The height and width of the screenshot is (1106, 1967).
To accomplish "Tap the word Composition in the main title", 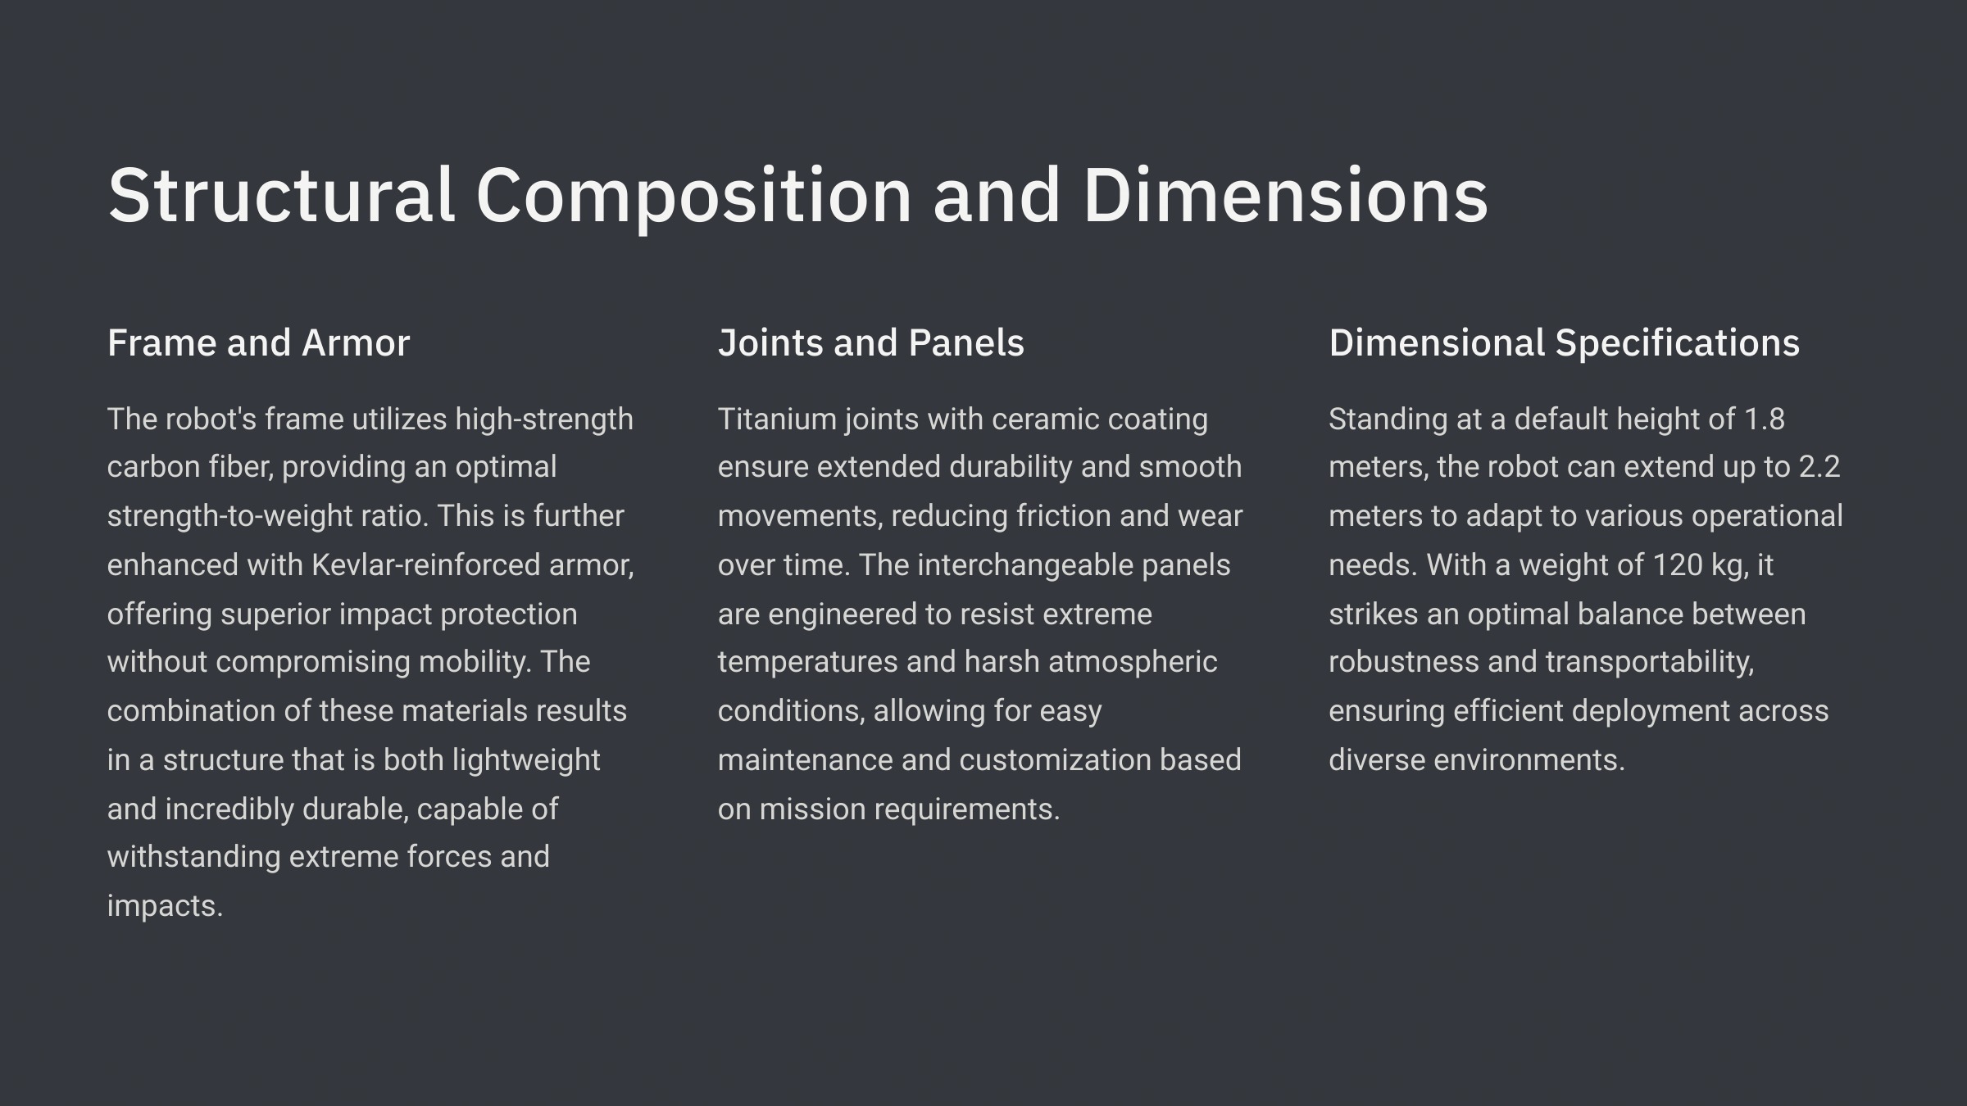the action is (x=693, y=197).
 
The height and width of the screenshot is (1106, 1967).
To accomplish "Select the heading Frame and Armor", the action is (x=258, y=342).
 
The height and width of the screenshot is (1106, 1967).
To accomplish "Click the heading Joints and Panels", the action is (x=871, y=342).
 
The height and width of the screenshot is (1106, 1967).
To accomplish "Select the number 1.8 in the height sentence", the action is (x=1764, y=419).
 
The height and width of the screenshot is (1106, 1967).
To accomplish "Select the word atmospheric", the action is (x=1133, y=662).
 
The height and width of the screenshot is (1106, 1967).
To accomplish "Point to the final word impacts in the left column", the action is (x=165, y=906).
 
